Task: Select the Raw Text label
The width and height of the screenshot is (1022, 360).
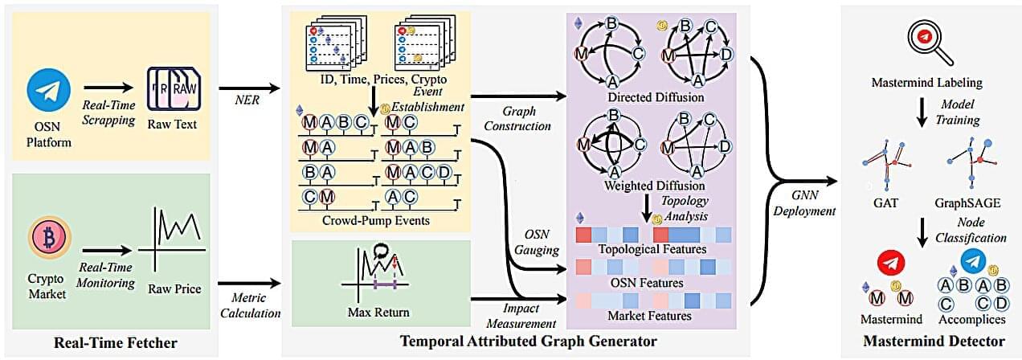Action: point(174,125)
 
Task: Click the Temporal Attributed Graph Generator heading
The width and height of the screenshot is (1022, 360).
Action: point(528,342)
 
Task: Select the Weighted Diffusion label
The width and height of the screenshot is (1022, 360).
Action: point(649,186)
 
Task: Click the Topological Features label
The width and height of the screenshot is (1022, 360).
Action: point(652,249)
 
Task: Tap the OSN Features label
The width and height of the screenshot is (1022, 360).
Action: point(652,282)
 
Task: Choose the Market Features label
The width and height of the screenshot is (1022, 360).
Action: point(652,316)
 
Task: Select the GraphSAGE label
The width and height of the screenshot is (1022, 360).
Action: point(967,203)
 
